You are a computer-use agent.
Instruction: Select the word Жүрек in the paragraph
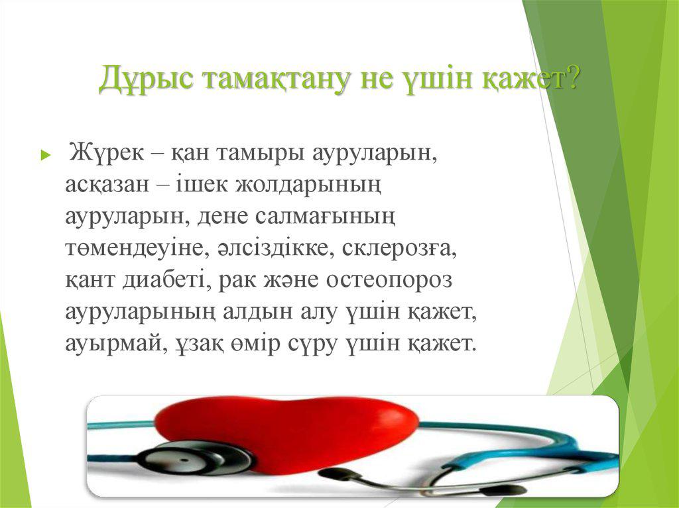click(107, 153)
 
